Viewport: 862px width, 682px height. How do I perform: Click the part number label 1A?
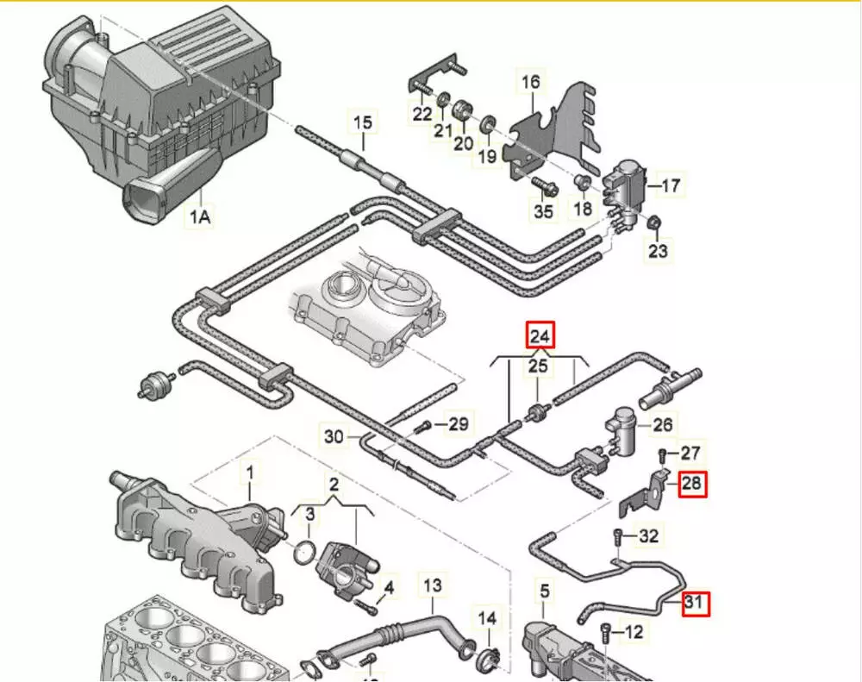pos(199,217)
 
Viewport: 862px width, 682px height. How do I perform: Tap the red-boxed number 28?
pos(692,484)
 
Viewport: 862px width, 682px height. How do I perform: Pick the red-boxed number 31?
pos(695,604)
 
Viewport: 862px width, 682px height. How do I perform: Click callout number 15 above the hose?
pos(363,122)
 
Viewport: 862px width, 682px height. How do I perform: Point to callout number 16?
pos(531,83)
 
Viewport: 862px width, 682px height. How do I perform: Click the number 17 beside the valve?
pos(670,185)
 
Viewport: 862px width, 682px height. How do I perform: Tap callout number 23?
pos(659,251)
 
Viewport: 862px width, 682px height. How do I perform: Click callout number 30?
pos(334,436)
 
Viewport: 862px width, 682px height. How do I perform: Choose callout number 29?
pos(459,423)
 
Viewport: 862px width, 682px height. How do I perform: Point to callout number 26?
pos(662,424)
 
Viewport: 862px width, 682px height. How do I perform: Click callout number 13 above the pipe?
pos(432,586)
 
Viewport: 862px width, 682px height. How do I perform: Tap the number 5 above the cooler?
pos(544,591)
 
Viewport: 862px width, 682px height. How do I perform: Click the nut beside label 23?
pos(654,224)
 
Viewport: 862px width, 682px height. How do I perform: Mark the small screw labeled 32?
pos(618,536)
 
